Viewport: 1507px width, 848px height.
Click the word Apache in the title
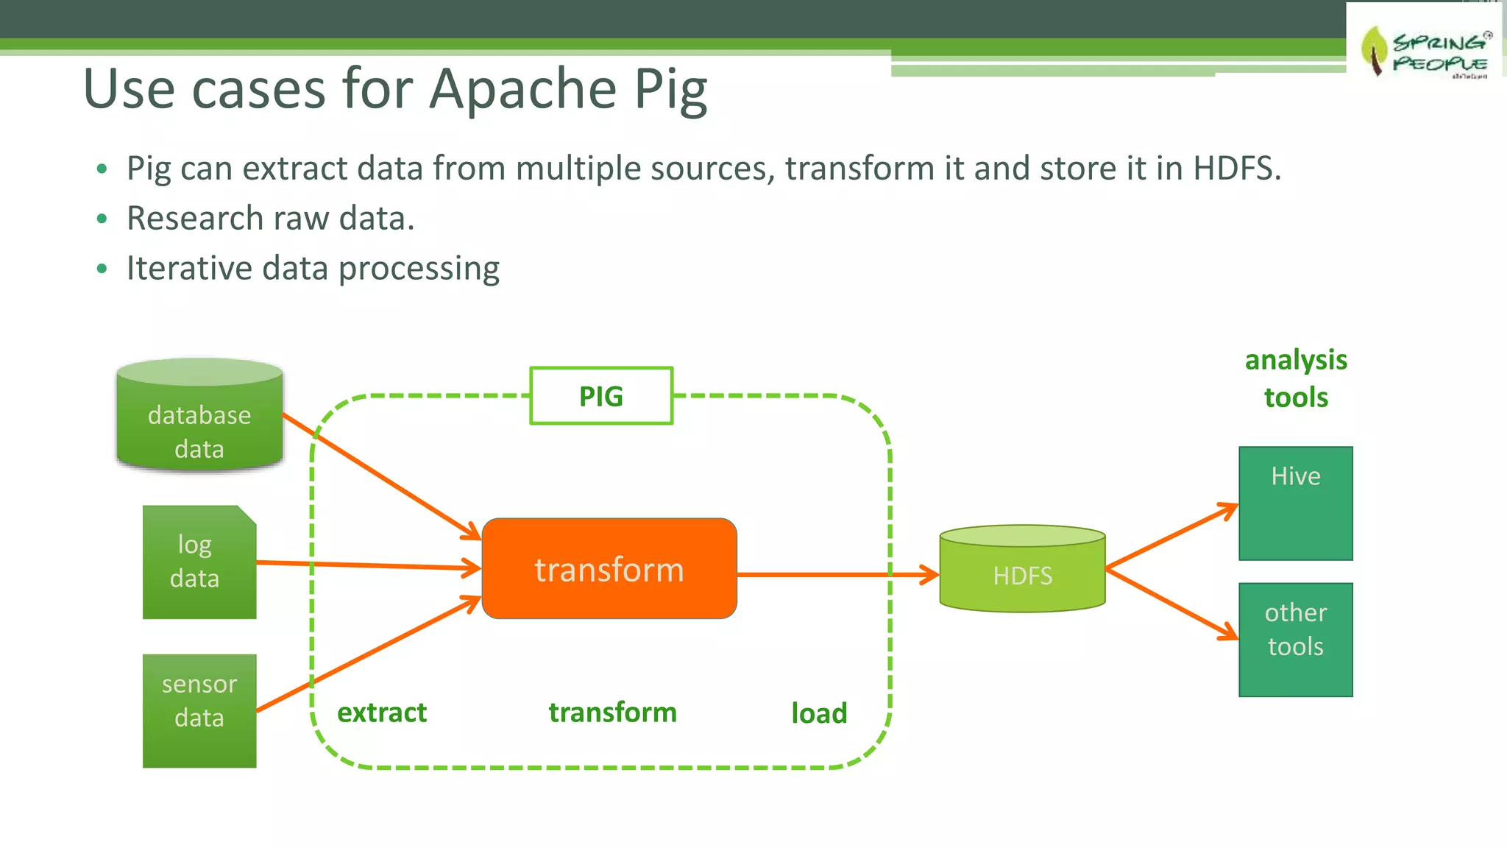522,89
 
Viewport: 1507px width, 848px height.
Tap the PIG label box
601,396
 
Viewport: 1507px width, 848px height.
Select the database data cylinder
199,416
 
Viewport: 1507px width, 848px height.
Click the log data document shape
199,562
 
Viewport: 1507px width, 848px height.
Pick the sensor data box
199,710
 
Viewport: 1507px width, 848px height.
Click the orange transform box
609,569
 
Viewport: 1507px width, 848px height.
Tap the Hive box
1295,504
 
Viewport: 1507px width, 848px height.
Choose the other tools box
1295,640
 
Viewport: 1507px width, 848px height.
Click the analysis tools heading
1296,378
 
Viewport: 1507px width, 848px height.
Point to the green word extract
382,713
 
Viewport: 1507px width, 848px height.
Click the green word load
819,713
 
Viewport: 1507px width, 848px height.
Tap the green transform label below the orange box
612,713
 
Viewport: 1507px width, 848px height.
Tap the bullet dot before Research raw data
102,219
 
